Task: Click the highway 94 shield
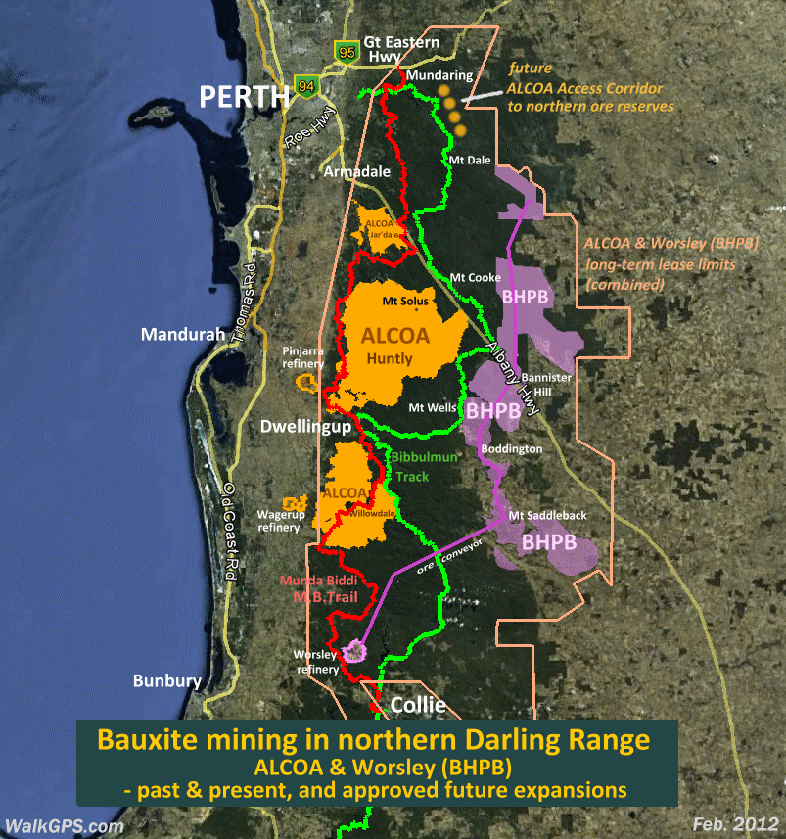(306, 86)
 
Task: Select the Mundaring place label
(439, 75)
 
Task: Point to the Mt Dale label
(468, 160)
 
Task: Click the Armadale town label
(357, 171)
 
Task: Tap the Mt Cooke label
(476, 278)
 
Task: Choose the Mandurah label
(179, 334)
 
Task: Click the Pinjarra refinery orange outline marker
(306, 382)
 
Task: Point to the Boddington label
(510, 448)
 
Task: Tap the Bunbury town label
(167, 680)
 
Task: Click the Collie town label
(418, 705)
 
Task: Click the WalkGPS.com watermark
(65, 826)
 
